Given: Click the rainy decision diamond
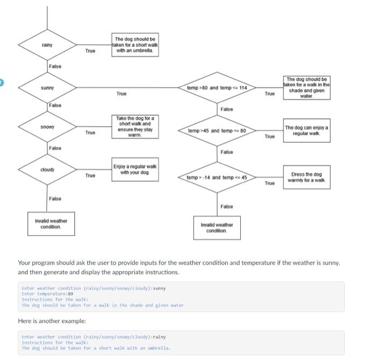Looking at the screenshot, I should click(47, 45).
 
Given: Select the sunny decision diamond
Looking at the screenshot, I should click(47, 87).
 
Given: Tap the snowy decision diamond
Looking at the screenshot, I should click(47, 127).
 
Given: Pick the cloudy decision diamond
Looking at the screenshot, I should click(47, 170).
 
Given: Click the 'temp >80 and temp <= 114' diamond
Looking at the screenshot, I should click(217, 87).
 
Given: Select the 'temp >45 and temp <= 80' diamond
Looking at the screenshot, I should click(217, 131).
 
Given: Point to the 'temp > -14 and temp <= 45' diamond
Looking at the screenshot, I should click(217, 178).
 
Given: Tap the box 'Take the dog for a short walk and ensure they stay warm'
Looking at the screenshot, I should click(135, 126).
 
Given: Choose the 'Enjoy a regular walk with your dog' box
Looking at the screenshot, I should click(135, 169).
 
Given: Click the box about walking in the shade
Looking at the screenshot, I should click(306, 87).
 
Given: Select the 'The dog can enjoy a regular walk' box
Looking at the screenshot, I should click(306, 130).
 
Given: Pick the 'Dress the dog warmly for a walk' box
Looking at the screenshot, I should click(306, 177).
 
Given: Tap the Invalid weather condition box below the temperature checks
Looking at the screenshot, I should click(217, 228).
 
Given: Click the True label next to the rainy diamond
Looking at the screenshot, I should click(90, 51).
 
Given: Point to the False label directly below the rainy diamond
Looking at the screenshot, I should click(55, 66).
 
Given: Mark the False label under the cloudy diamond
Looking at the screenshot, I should click(55, 199).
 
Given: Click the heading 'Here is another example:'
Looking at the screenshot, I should click(52, 321).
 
